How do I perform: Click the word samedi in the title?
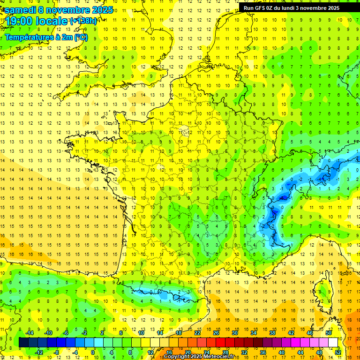(x=20, y=10)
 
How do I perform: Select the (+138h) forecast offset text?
(x=83, y=21)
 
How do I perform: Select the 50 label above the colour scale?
(x=329, y=333)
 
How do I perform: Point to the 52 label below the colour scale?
(x=338, y=352)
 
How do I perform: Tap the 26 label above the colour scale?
(x=216, y=333)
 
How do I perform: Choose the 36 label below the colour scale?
(x=263, y=352)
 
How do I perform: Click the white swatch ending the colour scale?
(x=333, y=343)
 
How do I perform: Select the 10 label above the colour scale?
(x=141, y=333)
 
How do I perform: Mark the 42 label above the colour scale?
(x=291, y=333)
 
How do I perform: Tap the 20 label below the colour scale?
(x=188, y=352)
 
